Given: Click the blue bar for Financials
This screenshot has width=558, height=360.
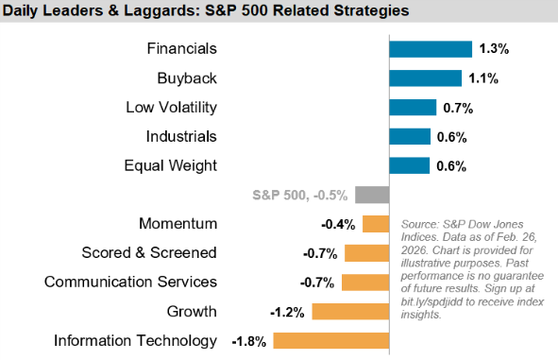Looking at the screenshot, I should click(431, 49).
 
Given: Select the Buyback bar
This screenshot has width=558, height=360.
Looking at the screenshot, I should click(425, 78).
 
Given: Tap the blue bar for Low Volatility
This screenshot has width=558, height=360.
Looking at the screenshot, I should click(413, 108).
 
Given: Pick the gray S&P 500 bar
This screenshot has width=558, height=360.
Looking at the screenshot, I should click(372, 195).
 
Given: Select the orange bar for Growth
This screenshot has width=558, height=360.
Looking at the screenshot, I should click(350, 312).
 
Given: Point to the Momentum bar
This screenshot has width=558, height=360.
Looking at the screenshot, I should click(376, 224).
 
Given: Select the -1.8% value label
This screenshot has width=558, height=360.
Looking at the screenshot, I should click(253, 341).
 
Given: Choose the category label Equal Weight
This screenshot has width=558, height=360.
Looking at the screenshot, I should click(170, 166).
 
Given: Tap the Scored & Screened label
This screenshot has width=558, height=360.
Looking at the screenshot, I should click(149, 253).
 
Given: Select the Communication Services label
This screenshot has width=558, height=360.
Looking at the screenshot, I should click(130, 283).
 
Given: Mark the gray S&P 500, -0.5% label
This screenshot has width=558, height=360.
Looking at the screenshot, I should click(300, 196).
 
